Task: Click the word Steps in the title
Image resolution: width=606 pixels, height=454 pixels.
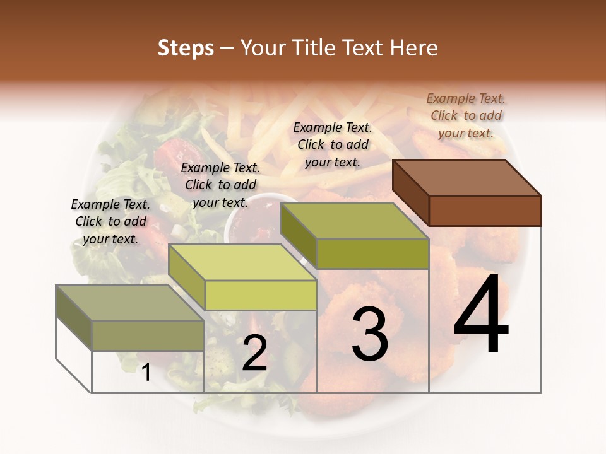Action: (x=186, y=48)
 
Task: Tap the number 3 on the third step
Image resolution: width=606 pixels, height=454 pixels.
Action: (x=369, y=334)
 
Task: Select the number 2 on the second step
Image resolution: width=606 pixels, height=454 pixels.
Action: (x=254, y=353)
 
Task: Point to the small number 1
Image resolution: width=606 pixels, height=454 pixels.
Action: (x=146, y=373)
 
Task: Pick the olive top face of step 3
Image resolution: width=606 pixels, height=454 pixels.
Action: (x=353, y=220)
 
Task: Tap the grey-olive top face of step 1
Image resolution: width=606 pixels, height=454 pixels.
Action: (x=129, y=303)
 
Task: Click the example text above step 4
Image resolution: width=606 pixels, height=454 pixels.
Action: (x=466, y=115)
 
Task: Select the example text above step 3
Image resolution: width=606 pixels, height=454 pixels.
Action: (x=333, y=144)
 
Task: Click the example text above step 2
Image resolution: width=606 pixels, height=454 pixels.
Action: (x=220, y=185)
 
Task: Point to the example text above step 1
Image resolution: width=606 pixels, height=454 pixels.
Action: (x=110, y=221)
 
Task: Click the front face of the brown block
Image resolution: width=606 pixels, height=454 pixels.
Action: (x=485, y=211)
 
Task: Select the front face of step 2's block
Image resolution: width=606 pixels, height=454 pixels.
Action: (x=261, y=295)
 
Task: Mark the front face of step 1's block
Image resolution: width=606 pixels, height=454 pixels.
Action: (x=148, y=335)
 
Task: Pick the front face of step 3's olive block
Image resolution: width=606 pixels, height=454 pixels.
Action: (x=372, y=253)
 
